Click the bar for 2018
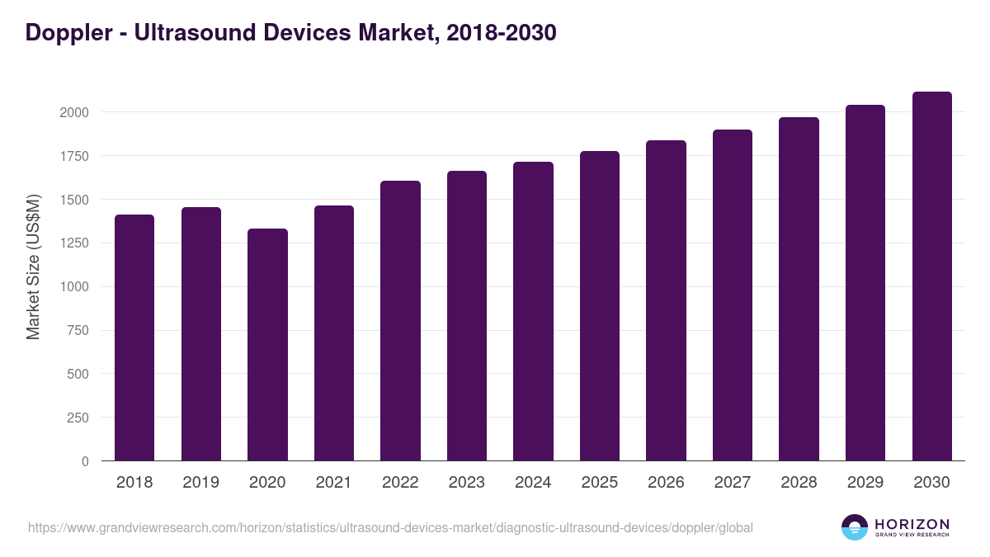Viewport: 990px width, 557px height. pos(134,338)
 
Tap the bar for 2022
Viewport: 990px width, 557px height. pos(400,321)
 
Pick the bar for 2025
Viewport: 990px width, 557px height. pos(600,306)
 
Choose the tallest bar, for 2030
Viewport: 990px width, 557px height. pos(931,276)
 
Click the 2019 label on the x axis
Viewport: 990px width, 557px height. pos(200,483)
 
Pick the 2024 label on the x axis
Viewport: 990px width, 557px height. pos(533,483)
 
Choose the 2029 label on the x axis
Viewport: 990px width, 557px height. pos(865,483)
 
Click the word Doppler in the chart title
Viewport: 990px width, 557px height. pos(67,33)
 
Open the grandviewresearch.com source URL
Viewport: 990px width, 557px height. pos(390,527)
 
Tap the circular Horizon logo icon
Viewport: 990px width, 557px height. pos(854,527)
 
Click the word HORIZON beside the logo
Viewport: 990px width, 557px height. pos(912,523)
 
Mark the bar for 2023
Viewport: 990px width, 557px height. pos(467,316)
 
